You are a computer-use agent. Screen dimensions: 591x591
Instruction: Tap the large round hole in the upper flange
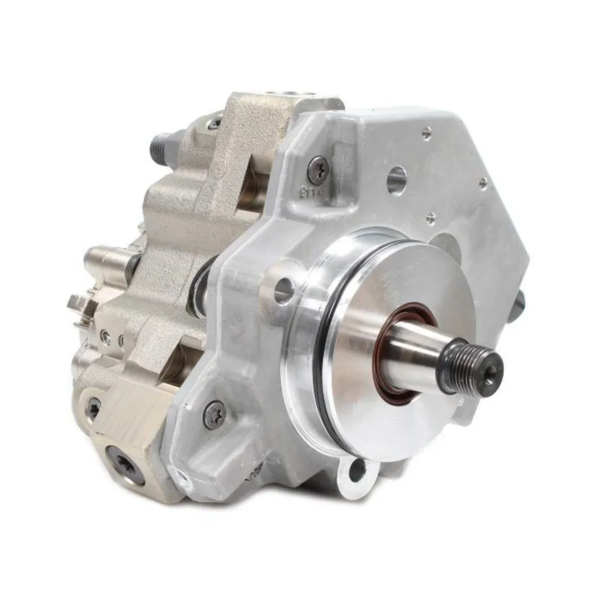(397, 175)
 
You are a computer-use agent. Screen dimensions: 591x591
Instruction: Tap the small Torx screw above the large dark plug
(94, 407)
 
